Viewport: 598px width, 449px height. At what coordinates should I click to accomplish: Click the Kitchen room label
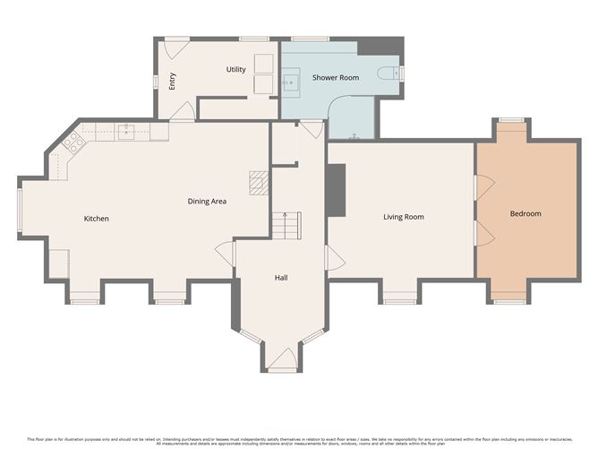tap(96, 219)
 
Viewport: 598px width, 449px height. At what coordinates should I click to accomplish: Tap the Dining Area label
tap(206, 202)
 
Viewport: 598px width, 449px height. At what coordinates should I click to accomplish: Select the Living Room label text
tap(403, 217)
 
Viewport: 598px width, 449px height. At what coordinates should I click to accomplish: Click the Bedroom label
tap(525, 214)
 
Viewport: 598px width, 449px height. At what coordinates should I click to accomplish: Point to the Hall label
tap(280, 278)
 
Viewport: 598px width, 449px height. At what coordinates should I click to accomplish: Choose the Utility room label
tap(235, 69)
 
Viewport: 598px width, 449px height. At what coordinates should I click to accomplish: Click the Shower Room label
tap(335, 78)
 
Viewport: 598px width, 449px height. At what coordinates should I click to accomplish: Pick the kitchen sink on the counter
tap(128, 132)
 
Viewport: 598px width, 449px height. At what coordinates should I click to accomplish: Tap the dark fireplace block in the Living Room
tap(337, 190)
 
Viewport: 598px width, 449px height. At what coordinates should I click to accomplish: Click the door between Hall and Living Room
tap(334, 260)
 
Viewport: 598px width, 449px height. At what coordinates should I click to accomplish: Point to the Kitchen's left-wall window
tap(20, 212)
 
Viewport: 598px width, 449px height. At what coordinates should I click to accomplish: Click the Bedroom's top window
tap(511, 119)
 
